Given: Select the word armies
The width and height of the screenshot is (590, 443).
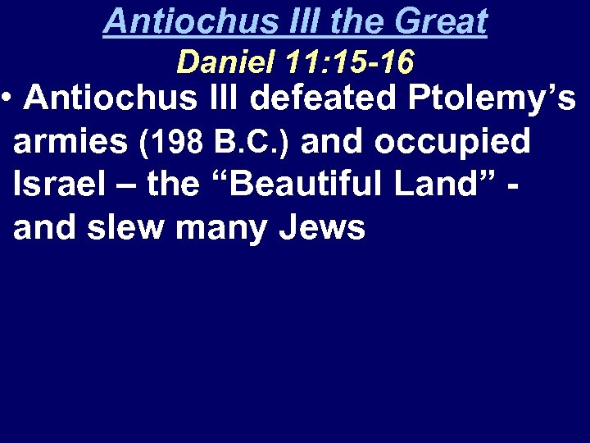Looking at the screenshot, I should click(70, 142).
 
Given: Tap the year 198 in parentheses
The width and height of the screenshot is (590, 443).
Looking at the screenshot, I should click(178, 143).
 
